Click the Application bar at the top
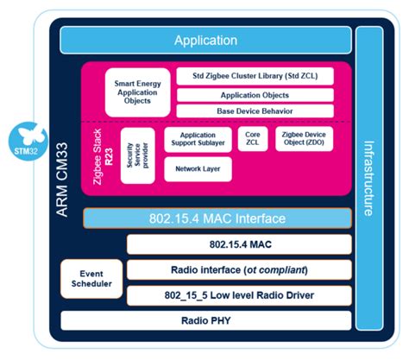coord(205,40)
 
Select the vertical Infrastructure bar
coord(368,177)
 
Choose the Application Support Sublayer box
coord(198,141)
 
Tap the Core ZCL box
coord(253,141)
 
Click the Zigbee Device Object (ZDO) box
coord(309,141)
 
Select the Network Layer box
coord(198,168)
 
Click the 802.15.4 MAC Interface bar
coord(217,218)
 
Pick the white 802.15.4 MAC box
coord(239,244)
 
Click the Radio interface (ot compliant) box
coord(239,271)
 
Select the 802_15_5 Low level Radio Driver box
coord(239,295)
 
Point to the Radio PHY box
coord(205,321)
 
